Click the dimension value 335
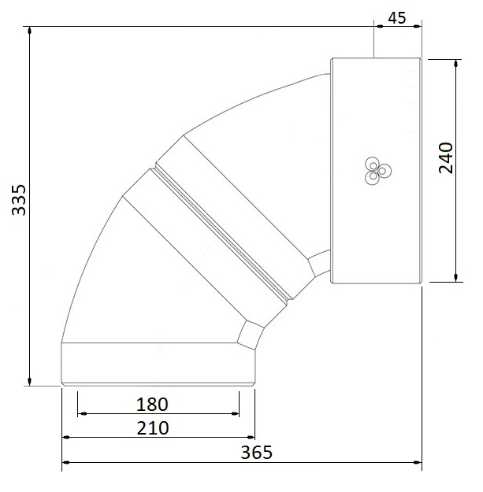coord(17,200)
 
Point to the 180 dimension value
coord(152,405)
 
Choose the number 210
coord(152,427)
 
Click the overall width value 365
coord(256,452)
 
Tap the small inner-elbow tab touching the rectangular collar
coord(320,264)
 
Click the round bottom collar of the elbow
coord(158,363)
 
